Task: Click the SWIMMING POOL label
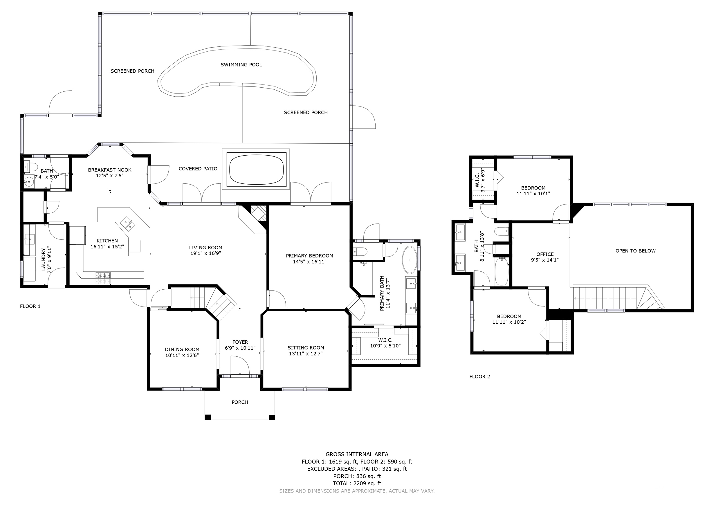point(241,65)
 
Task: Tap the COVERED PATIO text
point(198,169)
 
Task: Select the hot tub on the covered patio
point(256,169)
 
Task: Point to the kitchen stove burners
point(103,278)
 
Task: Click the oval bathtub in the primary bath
point(410,260)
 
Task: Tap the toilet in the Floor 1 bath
point(30,167)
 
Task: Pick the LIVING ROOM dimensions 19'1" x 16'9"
point(205,253)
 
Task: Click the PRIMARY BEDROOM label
point(309,256)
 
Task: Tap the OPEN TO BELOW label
point(635,251)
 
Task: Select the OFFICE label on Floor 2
point(545,254)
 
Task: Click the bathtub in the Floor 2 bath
point(501,271)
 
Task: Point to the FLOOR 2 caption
point(479,377)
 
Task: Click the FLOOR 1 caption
point(30,306)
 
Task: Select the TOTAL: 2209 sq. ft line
point(357,484)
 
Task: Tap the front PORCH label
point(240,402)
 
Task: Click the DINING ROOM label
point(182,349)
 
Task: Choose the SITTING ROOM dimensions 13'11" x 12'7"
point(306,353)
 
